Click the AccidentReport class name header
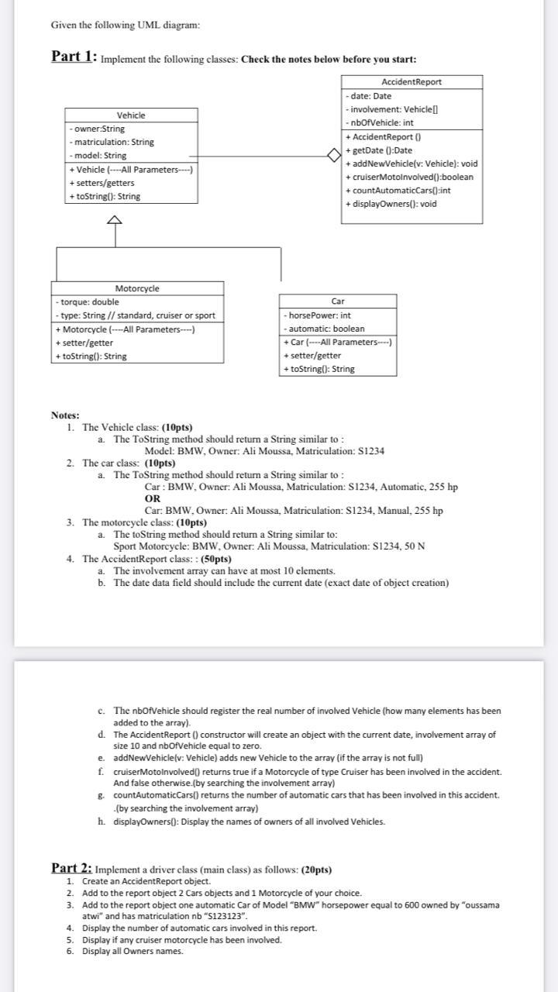coord(412,82)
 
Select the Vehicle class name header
coord(130,115)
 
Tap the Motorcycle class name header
coord(137,288)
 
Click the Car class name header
coord(338,301)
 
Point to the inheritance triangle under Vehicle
coord(115,220)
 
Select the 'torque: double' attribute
coord(88,301)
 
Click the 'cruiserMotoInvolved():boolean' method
coord(409,177)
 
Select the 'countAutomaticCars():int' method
coord(398,190)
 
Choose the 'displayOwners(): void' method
coord(391,204)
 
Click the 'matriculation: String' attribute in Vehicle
coord(112,142)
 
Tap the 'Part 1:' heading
coord(74,57)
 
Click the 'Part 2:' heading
coord(71,868)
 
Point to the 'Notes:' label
coord(65,415)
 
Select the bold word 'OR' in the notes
coord(153,498)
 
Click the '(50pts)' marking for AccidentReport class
coord(216,559)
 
